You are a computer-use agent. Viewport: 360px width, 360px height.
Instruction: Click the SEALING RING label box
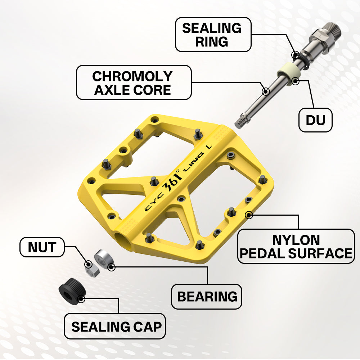[x=213, y=35]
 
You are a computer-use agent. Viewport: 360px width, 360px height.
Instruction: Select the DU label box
[x=315, y=120]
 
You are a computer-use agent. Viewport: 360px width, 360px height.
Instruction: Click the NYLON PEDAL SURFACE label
[x=296, y=246]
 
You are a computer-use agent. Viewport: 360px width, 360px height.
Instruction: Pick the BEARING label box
[x=206, y=296]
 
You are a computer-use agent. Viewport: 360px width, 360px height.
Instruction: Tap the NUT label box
[x=42, y=247]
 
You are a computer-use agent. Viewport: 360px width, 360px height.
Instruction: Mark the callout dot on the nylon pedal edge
[x=249, y=215]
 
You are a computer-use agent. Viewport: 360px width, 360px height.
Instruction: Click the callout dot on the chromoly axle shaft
[x=266, y=91]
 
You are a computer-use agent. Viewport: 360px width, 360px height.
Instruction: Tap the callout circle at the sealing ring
[x=296, y=55]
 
